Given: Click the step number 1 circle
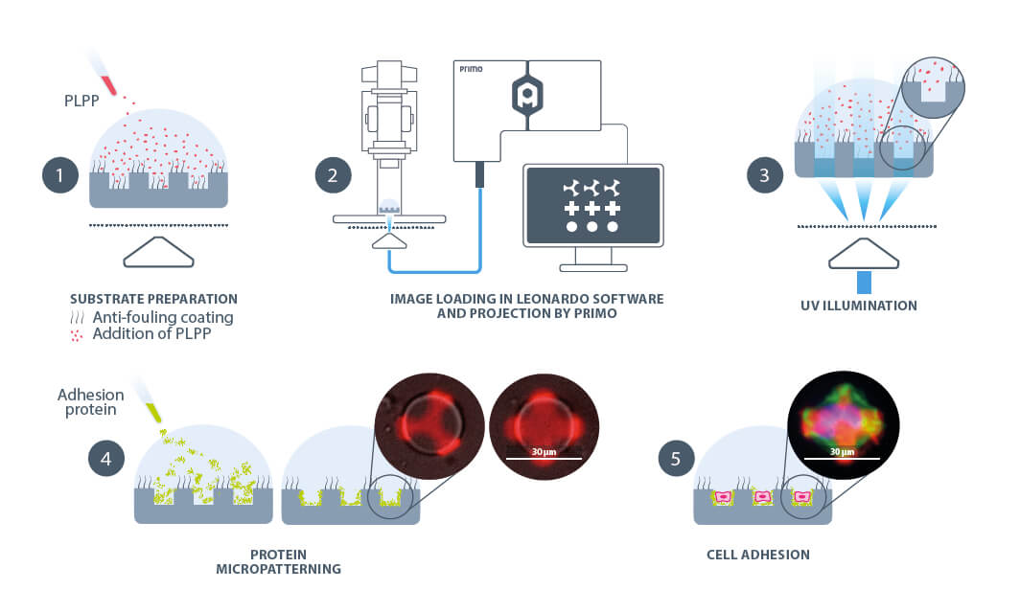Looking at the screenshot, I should tap(59, 175).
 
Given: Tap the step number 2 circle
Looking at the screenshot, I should tap(333, 175).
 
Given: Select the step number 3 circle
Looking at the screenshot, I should tap(764, 175).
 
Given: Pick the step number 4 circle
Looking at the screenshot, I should tap(104, 458).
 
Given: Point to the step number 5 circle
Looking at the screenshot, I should tap(675, 458).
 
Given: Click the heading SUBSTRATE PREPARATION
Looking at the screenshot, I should tap(153, 299).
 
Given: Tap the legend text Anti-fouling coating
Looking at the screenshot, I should tap(163, 317).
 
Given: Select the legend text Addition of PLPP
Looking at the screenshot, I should tap(151, 334).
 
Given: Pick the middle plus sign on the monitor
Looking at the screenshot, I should tap(591, 208).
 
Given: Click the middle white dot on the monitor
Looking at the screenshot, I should tap(591, 227).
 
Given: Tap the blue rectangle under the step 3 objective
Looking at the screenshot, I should tap(865, 282).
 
